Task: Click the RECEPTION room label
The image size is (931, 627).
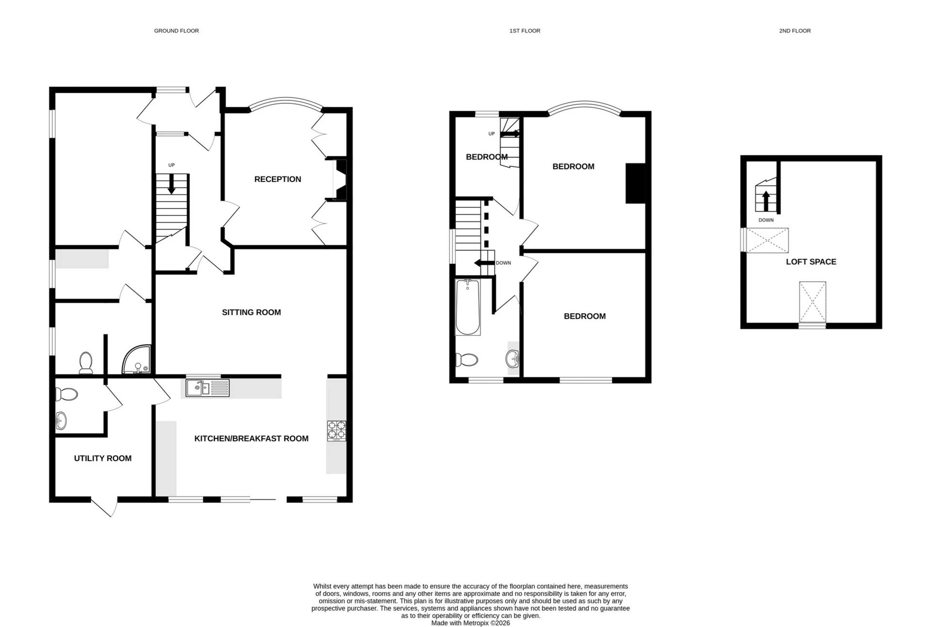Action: pos(277,179)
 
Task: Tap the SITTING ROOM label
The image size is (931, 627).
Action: pos(251,312)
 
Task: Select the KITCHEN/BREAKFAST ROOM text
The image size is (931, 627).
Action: pos(251,438)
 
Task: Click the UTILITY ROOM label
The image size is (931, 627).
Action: pos(103,458)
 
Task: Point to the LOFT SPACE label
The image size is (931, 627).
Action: pos(811,262)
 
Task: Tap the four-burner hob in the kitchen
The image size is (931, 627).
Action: pos(337,431)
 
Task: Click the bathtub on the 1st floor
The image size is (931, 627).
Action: pos(468,307)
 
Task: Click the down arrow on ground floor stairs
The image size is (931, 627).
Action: pos(171,185)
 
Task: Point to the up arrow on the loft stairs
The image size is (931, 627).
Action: pos(766,201)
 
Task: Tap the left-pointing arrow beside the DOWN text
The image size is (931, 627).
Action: pos(483,263)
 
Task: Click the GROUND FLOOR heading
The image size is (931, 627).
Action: pos(177,31)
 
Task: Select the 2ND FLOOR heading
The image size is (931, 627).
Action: pos(795,31)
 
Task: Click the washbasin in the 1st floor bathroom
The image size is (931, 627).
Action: pos(513,359)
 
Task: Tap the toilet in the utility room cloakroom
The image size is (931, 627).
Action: pos(66,394)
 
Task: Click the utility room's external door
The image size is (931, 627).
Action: pos(104,507)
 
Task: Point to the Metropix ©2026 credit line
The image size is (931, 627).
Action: pos(470,623)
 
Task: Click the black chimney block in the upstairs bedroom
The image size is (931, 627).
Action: pos(635,183)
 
